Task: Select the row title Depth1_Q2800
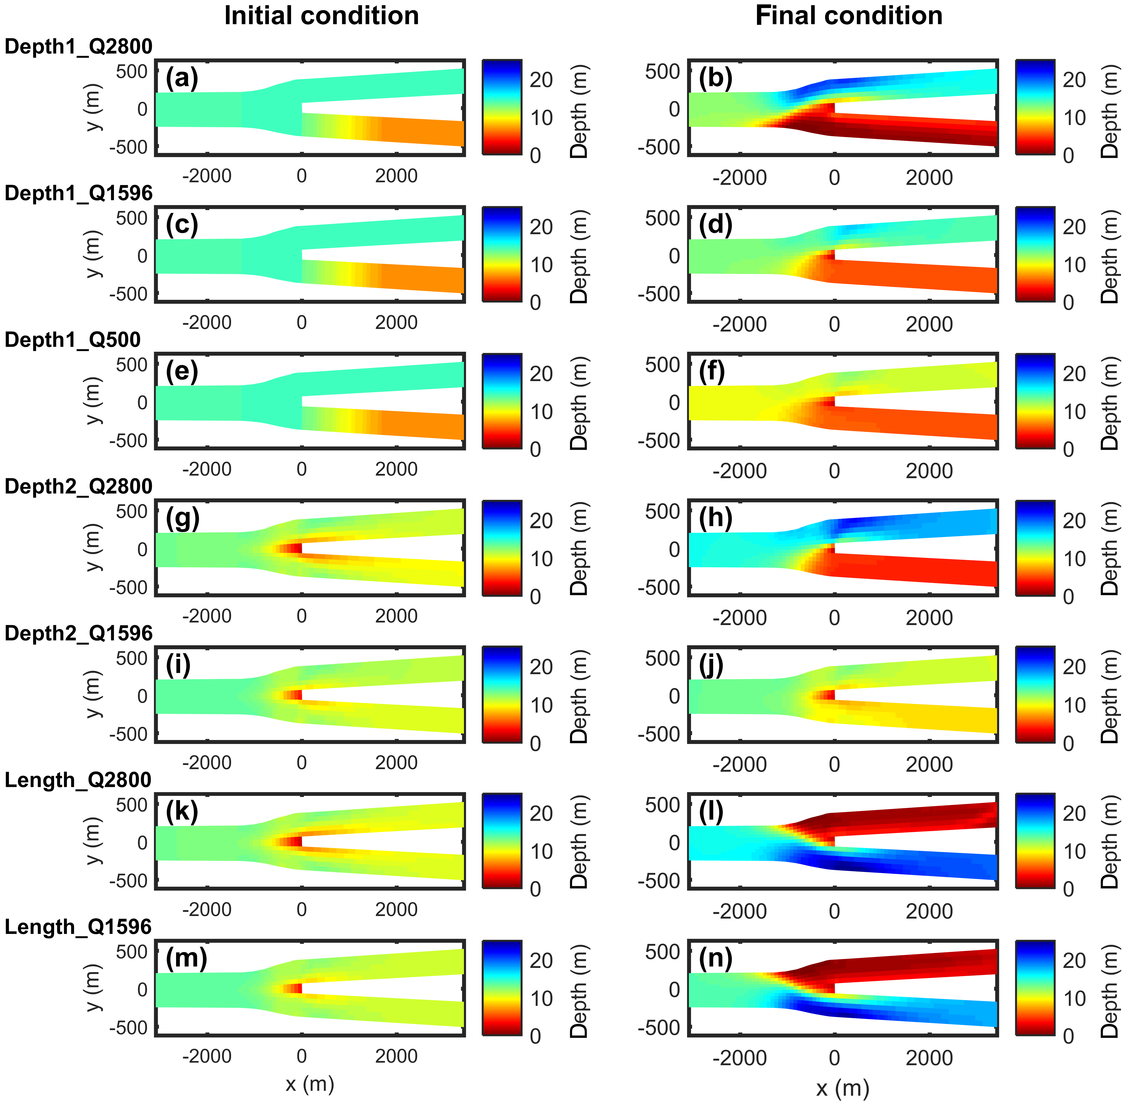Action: (78, 46)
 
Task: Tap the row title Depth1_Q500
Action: (73, 339)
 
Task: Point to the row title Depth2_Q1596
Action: (78, 633)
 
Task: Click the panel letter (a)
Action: (182, 78)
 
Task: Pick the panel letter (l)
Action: (711, 811)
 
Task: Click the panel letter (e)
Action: (182, 371)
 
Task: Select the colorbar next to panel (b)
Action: (1035, 107)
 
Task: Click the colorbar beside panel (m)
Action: (502, 988)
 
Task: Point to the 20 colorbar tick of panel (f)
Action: (1074, 374)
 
